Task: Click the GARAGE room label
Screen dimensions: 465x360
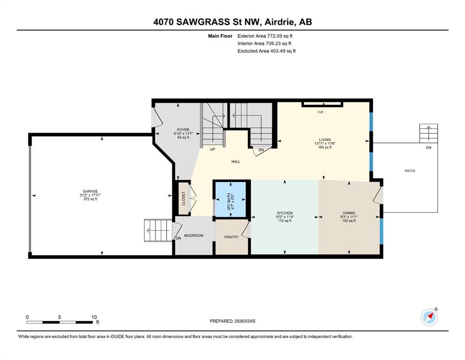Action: tap(90, 191)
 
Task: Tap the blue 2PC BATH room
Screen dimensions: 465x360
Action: tap(230, 199)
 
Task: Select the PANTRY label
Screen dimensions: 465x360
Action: tap(231, 237)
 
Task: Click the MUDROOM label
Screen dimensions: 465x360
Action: tap(194, 236)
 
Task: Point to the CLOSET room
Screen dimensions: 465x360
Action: tap(183, 198)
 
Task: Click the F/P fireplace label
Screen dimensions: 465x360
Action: tap(321, 112)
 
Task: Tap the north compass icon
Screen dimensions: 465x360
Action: tap(429, 317)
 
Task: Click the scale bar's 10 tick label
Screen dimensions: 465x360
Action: tap(94, 317)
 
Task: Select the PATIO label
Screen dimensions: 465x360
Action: tap(410, 171)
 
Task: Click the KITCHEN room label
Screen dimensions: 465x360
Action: tap(285, 213)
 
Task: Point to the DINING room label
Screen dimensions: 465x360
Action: tap(349, 213)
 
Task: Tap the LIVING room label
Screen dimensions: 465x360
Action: tap(325, 140)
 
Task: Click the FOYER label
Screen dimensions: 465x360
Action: tap(183, 130)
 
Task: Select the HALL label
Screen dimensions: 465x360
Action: tap(236, 162)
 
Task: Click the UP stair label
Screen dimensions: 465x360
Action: tap(212, 149)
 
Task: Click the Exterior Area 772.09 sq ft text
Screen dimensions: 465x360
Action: tap(265, 36)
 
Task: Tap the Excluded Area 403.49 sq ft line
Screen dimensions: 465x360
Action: tap(266, 51)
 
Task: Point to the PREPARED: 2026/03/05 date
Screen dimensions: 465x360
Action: tap(232, 321)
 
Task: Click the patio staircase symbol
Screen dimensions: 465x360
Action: tap(428, 134)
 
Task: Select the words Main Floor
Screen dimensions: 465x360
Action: tap(220, 36)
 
